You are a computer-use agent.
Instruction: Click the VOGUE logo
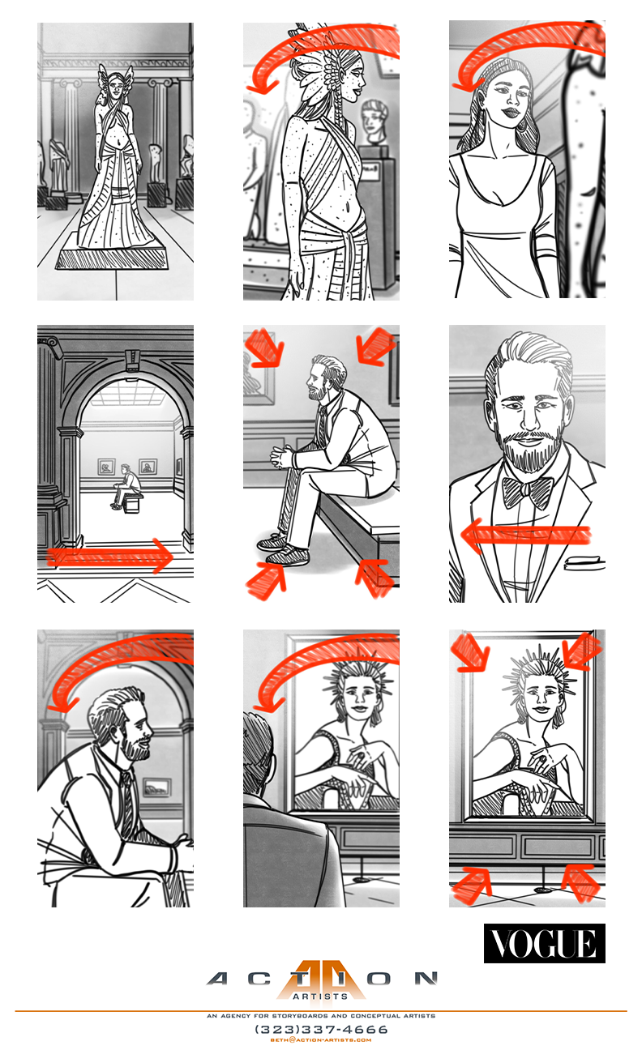pos(544,943)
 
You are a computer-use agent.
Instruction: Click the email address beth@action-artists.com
pos(321,1039)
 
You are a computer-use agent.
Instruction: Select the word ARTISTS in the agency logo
pos(320,996)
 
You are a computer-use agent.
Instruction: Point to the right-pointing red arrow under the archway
pos(111,556)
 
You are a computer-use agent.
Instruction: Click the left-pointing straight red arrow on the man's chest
pos(525,535)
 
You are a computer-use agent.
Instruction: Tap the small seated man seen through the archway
pos(124,486)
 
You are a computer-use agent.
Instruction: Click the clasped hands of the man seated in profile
pos(281,458)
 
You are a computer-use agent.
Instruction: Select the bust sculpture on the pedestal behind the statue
pos(374,122)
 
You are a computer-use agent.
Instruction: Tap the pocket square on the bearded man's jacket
pos(581,561)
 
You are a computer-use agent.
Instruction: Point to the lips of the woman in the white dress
pos(510,113)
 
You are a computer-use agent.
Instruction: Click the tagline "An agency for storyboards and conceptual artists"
pos(321,1016)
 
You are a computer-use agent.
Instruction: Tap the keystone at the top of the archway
pos(132,361)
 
